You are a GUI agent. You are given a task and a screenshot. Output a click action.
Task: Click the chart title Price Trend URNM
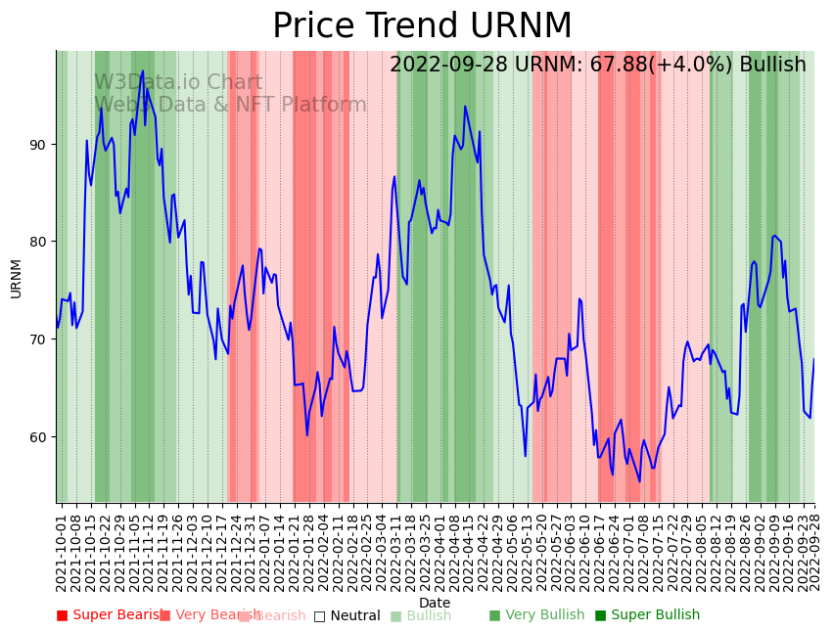422,26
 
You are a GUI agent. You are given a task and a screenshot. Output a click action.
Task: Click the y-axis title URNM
16,278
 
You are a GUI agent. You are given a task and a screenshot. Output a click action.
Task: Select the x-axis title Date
435,603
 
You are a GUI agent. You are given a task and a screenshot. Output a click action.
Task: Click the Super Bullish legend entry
647,615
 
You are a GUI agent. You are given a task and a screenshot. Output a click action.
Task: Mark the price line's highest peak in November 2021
143,71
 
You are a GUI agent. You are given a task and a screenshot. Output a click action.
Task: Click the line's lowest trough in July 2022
639,480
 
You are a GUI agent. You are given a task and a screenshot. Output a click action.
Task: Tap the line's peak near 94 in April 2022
465,107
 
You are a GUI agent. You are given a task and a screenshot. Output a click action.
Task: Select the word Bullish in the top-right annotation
773,65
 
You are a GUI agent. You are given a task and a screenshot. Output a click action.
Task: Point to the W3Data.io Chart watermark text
178,83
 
